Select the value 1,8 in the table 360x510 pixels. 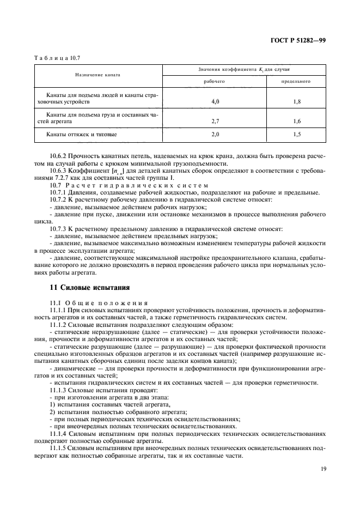296,101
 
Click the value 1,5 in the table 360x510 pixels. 296,133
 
